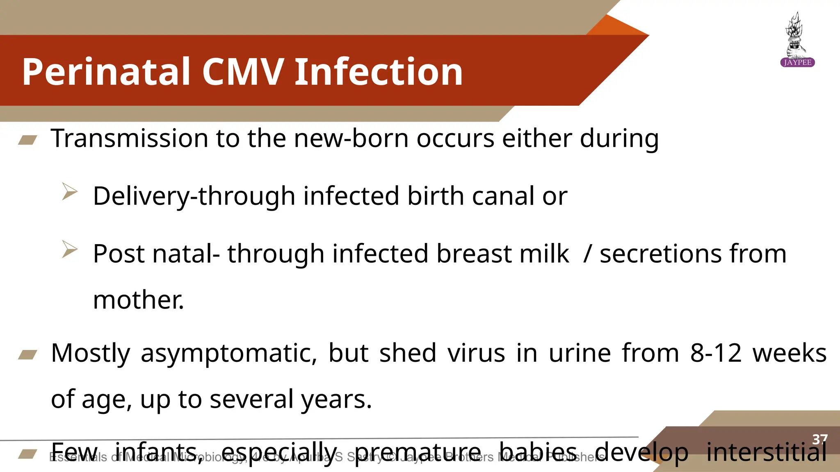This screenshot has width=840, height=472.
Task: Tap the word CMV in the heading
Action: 242,72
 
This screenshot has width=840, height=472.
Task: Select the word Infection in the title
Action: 379,72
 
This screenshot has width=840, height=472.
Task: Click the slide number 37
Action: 820,439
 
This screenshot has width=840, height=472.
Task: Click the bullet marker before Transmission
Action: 28,141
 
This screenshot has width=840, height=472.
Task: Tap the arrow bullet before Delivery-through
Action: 70,191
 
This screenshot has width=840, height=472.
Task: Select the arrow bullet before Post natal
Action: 70,249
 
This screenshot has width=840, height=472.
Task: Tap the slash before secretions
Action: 587,254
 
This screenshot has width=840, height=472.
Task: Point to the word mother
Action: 138,300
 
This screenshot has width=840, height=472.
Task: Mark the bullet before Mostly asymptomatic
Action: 28,354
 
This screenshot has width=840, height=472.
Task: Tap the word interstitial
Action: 766,453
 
